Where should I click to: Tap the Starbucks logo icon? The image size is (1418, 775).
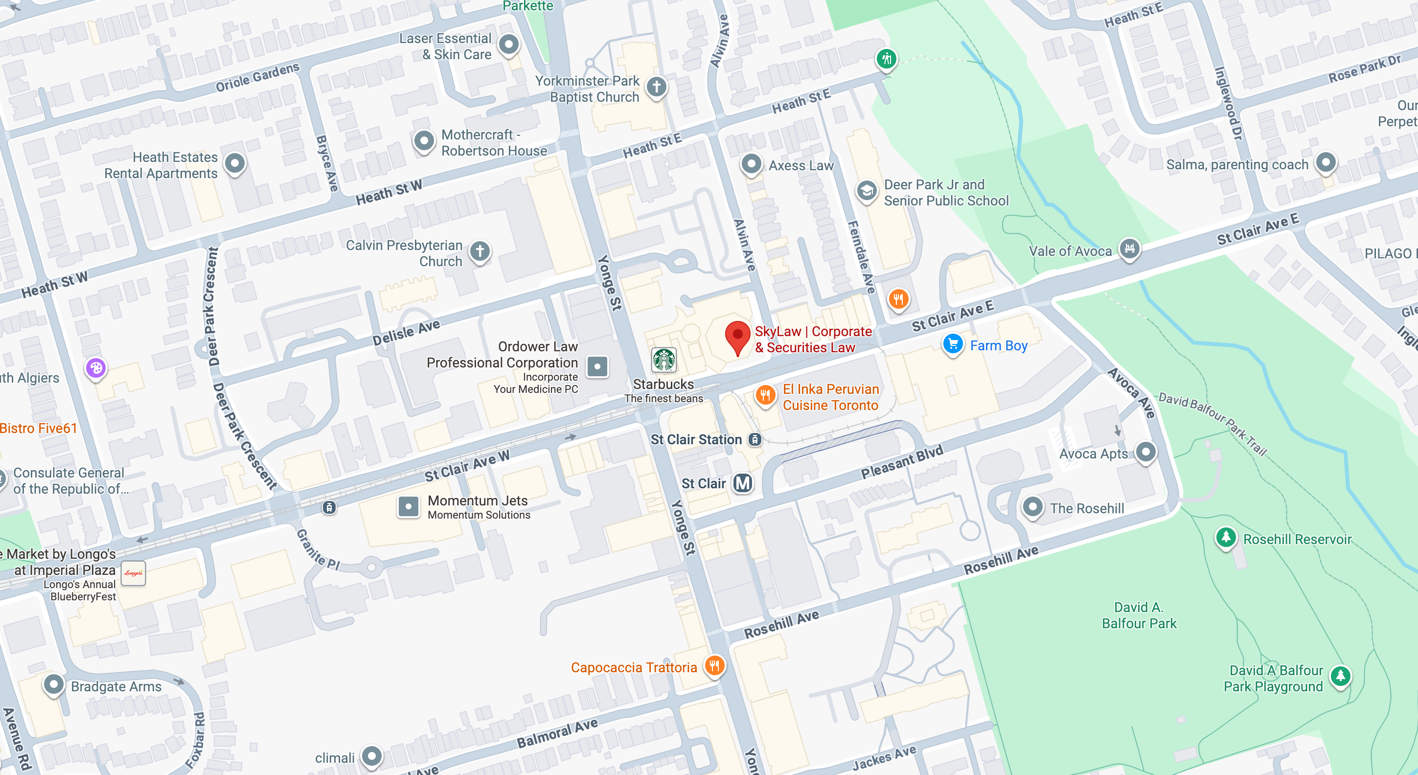coord(664,360)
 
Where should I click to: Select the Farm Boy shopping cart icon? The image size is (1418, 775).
coord(953,344)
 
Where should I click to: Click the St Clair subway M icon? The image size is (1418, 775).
coord(743,483)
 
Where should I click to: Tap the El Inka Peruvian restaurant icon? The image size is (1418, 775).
coord(765,395)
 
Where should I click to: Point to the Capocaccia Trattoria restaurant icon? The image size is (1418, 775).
coord(714,666)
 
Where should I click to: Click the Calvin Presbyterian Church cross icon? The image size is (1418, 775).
coord(480,251)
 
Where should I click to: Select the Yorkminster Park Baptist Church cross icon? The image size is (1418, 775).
coord(656,87)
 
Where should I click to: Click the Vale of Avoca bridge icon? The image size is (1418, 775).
coord(1129,249)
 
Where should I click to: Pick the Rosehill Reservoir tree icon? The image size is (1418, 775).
coord(1225,537)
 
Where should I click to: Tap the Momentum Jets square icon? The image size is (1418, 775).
coord(409,506)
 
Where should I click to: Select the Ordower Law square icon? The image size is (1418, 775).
coord(597,366)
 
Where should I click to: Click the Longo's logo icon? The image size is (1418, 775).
coord(133,573)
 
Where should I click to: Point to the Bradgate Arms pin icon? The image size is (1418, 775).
coord(53,685)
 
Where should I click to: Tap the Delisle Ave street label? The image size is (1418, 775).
coord(406,333)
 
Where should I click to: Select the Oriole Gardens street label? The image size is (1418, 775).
coord(257,78)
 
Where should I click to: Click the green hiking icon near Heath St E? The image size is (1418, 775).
coord(886,58)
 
